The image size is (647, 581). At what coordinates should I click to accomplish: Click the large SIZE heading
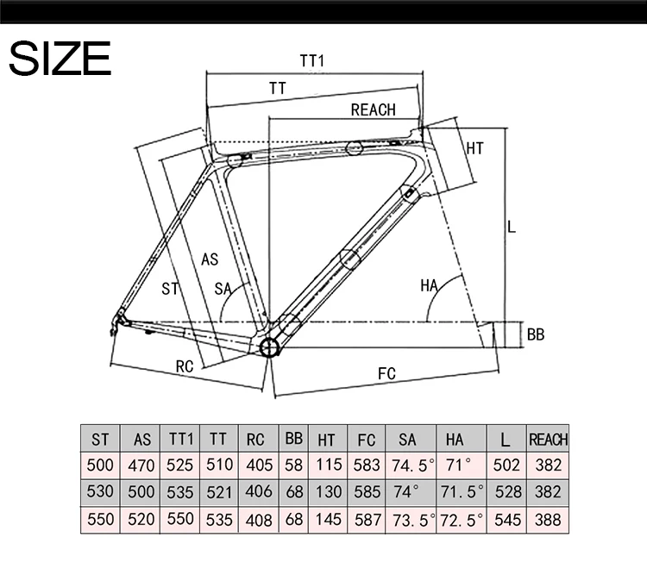(x=60, y=58)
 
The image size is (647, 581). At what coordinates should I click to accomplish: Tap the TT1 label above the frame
(x=312, y=60)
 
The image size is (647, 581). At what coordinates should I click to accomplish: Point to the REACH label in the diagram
(x=373, y=109)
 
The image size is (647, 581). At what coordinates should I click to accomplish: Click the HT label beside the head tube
(x=474, y=148)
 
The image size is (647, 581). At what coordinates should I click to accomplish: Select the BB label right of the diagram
(x=536, y=334)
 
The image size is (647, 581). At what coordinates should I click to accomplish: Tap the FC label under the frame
(x=386, y=373)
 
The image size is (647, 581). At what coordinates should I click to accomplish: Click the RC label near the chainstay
(x=185, y=366)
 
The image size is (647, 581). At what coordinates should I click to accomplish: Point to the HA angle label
(x=429, y=285)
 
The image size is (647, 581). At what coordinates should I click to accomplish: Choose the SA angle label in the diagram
(x=223, y=289)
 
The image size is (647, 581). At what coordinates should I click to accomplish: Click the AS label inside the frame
(x=210, y=259)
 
